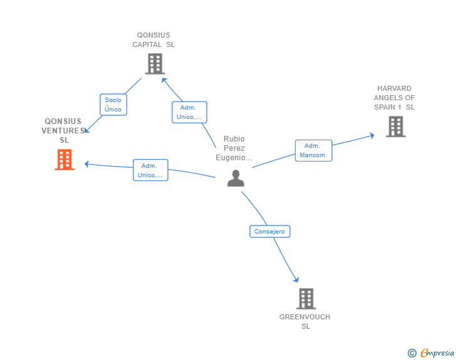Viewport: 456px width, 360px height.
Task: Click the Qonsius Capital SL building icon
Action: pos(154,63)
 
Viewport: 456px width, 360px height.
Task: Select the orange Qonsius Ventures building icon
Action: pos(65,160)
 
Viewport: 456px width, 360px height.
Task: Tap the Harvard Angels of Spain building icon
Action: pos(395,126)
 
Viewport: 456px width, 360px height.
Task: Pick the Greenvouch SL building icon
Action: pos(306,299)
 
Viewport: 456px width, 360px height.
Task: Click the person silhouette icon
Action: pos(236,178)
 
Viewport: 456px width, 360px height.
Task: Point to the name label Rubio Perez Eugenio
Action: pos(234,148)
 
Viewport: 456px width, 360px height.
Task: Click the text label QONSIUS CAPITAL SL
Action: pos(154,40)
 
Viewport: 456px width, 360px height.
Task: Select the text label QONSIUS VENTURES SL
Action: pos(63,130)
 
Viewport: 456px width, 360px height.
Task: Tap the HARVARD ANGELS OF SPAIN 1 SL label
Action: pos(395,98)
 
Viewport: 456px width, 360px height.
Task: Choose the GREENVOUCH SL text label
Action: pos(305,321)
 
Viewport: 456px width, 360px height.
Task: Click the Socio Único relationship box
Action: pos(113,105)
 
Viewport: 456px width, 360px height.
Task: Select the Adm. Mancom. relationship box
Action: pos(313,150)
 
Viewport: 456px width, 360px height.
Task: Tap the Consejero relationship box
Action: pos(269,232)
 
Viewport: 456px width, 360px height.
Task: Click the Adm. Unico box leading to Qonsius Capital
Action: pos(189,112)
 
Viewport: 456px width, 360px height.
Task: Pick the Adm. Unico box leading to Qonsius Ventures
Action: pos(150,170)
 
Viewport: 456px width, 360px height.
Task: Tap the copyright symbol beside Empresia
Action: pos(412,353)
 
